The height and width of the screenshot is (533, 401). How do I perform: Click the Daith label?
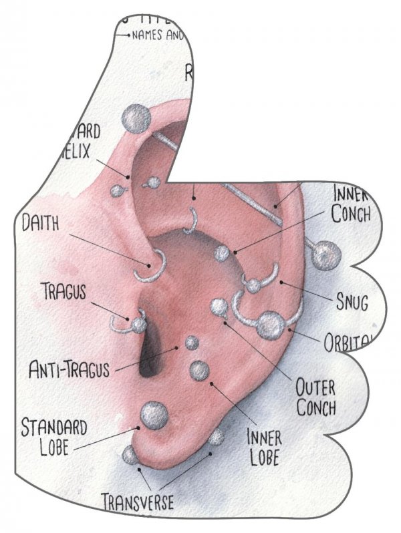pyautogui.click(x=40, y=222)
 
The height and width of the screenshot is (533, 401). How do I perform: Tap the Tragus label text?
pyautogui.click(x=64, y=291)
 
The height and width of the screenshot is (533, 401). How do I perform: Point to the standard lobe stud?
pyautogui.click(x=153, y=413)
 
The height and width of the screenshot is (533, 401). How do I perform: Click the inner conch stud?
pyautogui.click(x=221, y=252)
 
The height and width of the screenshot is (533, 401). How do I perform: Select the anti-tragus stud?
pyautogui.click(x=192, y=343)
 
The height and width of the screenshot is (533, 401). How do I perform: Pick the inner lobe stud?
pyautogui.click(x=199, y=370)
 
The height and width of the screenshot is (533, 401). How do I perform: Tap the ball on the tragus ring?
pyautogui.click(x=138, y=325)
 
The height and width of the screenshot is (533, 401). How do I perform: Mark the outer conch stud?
pyautogui.click(x=218, y=307)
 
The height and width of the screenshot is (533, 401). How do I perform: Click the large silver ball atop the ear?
pyautogui.click(x=136, y=119)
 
